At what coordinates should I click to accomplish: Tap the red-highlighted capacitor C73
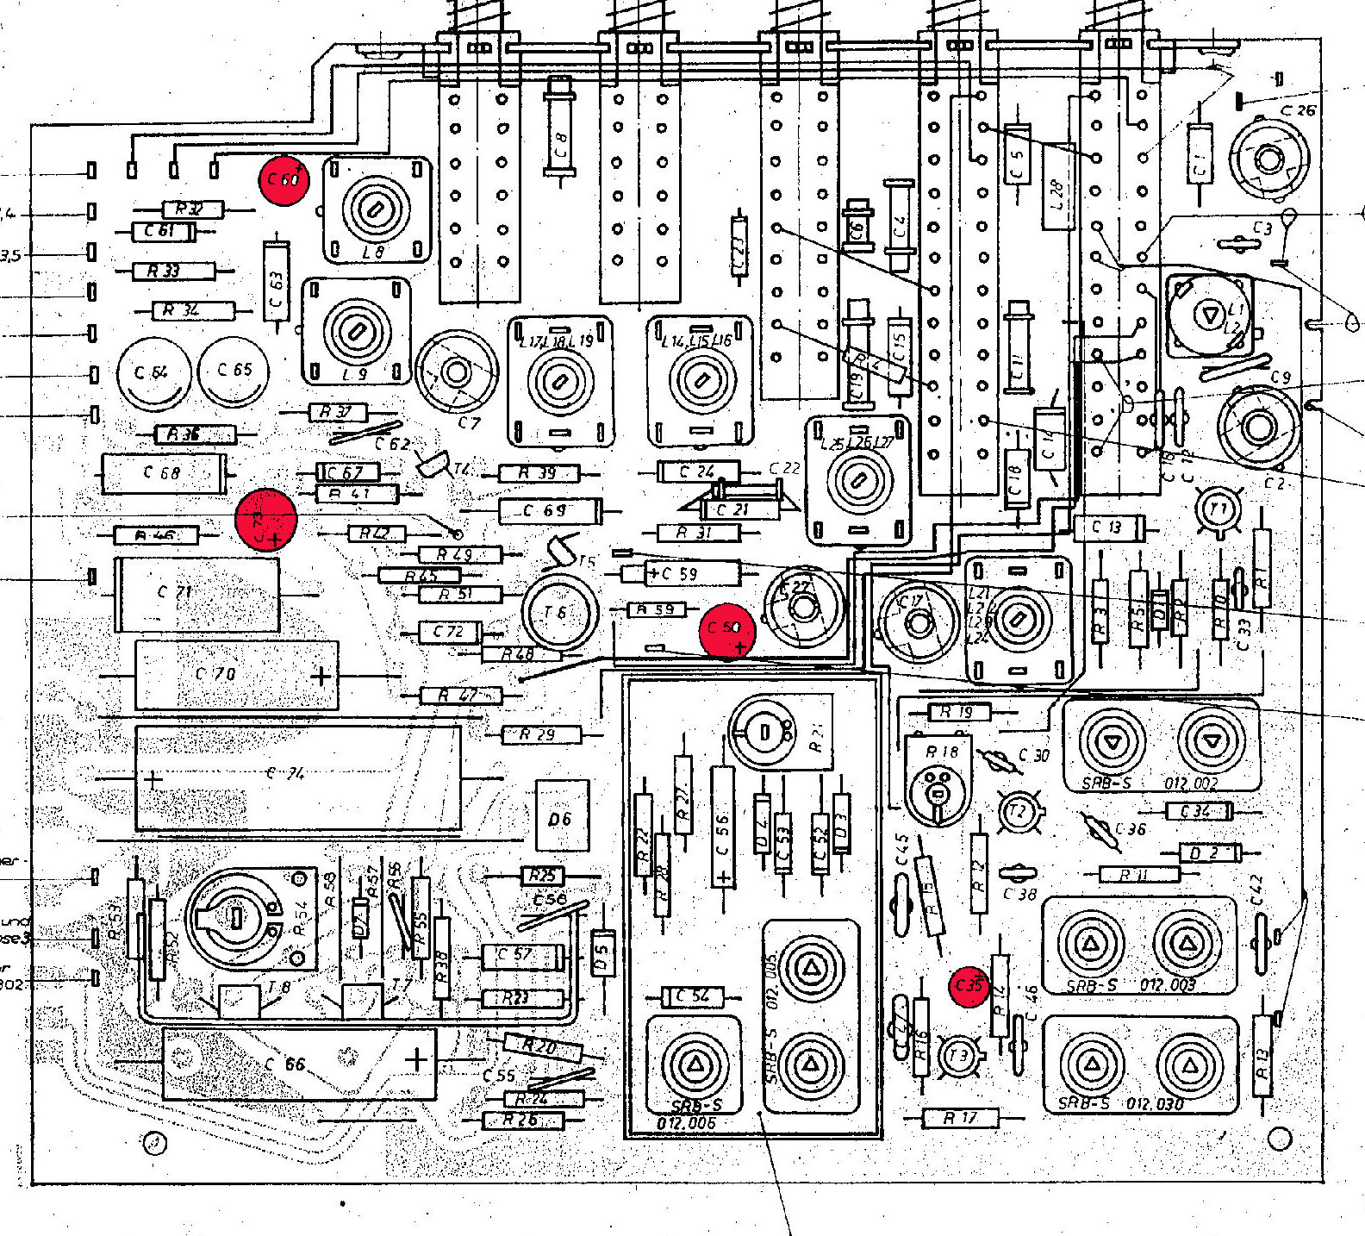(x=266, y=519)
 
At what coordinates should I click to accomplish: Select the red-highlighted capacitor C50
(x=727, y=630)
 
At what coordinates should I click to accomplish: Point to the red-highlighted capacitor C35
(x=969, y=985)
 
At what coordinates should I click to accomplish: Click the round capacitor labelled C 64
(x=153, y=372)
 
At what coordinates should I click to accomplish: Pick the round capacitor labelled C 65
(x=233, y=371)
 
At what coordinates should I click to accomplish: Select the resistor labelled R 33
(x=173, y=272)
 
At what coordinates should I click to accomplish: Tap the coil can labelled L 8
(x=377, y=209)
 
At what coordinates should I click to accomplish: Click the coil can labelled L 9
(x=355, y=331)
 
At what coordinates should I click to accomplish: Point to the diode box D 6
(x=562, y=817)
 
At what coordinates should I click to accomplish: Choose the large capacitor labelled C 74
(x=297, y=778)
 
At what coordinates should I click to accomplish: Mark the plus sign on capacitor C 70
(x=321, y=676)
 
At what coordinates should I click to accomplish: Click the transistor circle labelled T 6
(x=559, y=612)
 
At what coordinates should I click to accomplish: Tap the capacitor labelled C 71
(x=196, y=595)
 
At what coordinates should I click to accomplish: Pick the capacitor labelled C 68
(x=164, y=473)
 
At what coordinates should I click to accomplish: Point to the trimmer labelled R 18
(x=939, y=780)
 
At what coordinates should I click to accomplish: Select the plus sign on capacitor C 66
(x=416, y=1059)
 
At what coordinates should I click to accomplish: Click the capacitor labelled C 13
(x=1108, y=527)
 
